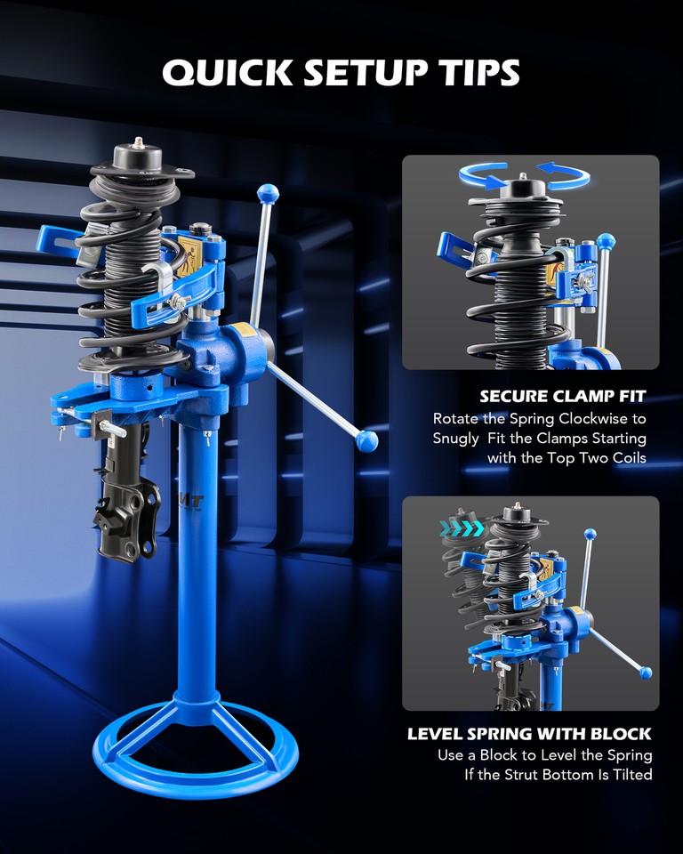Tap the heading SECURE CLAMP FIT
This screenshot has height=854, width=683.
tap(563, 396)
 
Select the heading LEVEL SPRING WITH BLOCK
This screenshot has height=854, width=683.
tap(529, 734)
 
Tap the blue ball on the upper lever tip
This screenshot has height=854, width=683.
tap(265, 191)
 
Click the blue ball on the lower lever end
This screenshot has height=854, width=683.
tap(366, 440)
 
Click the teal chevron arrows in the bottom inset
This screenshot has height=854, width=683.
tap(462, 528)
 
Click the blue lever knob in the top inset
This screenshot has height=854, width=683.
tap(607, 242)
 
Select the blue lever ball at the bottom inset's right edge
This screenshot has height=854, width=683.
tap(645, 672)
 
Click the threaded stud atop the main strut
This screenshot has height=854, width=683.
tap(139, 141)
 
